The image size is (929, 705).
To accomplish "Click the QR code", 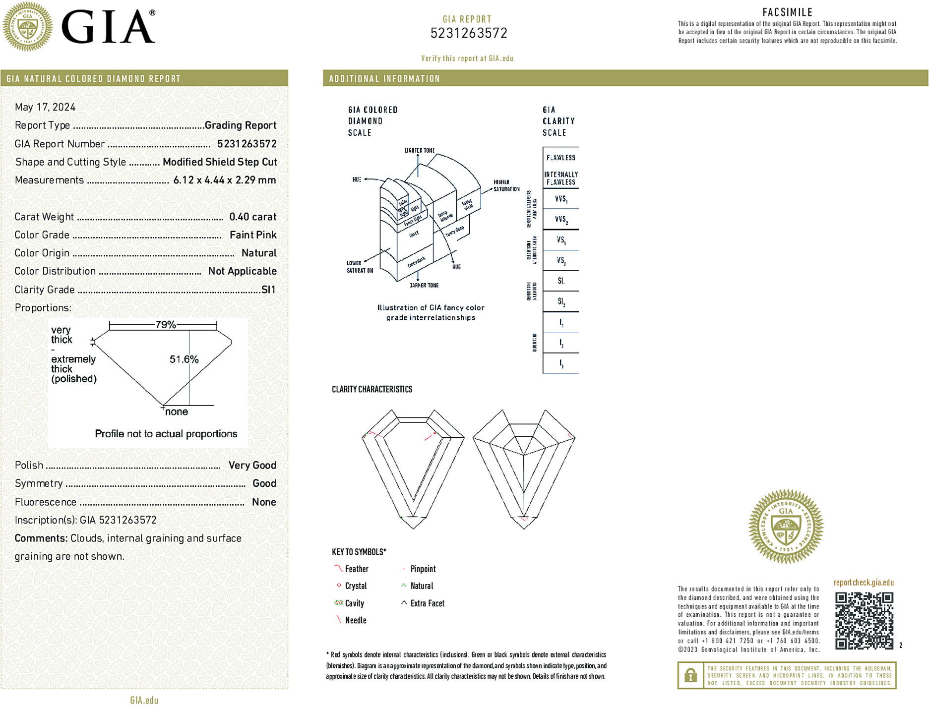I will (864, 620).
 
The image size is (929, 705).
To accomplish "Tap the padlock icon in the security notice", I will (690, 675).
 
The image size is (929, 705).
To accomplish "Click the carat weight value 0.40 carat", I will (252, 217).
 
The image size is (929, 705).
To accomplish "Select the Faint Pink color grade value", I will (253, 235).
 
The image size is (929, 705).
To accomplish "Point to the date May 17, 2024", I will (45, 107).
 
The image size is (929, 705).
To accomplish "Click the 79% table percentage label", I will (165, 325).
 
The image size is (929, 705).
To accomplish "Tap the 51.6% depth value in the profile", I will (184, 359).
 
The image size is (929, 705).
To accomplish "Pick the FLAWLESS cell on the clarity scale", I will (560, 158).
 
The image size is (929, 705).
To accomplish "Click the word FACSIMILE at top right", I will (787, 12).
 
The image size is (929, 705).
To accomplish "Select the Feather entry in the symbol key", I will (357, 569).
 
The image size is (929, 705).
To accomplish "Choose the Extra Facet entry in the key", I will (427, 603).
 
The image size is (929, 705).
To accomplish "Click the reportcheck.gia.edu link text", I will (864, 583).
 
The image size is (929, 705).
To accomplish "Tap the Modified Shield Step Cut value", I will (220, 162).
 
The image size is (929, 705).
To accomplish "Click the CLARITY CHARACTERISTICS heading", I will (372, 389).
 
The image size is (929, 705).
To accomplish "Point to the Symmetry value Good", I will (264, 483).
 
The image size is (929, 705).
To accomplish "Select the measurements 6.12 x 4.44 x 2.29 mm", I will (224, 180).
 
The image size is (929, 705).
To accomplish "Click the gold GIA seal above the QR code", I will (786, 526).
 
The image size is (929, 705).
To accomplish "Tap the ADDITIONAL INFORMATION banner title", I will (384, 79).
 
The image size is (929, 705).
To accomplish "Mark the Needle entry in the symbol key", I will (355, 620).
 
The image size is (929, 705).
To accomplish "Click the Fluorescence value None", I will (264, 502).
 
